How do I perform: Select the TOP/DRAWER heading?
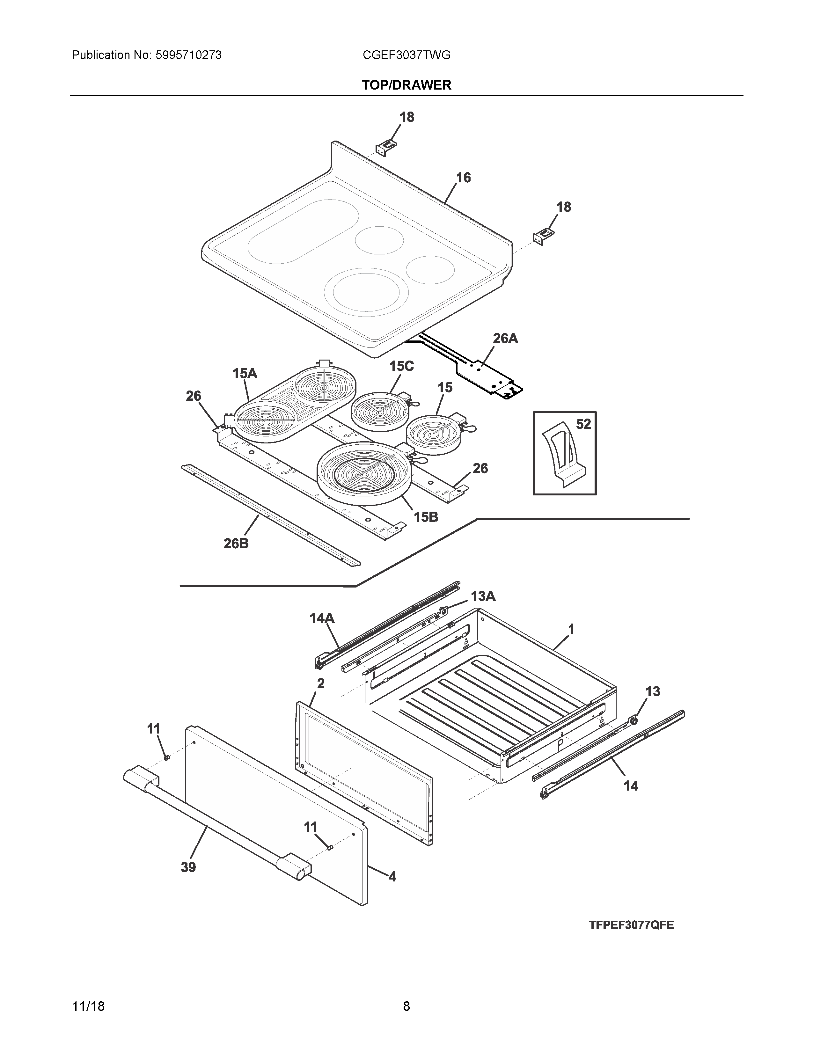406,85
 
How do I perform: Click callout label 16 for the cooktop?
463,178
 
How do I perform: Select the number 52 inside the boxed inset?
583,424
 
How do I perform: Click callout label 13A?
483,596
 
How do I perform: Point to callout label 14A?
322,618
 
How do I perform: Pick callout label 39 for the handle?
188,867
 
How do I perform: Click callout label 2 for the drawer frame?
321,683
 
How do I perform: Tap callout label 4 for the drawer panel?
392,877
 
